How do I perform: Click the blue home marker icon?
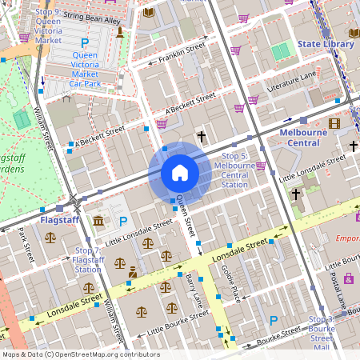click(179, 173)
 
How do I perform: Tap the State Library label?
click(325, 44)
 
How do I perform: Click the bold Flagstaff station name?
click(59, 218)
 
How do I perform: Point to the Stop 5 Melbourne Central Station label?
click(234, 170)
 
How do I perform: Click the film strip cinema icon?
click(334, 122)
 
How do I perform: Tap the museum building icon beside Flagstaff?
click(98, 220)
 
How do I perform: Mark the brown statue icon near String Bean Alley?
click(120, 32)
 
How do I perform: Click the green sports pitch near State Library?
click(280, 52)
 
